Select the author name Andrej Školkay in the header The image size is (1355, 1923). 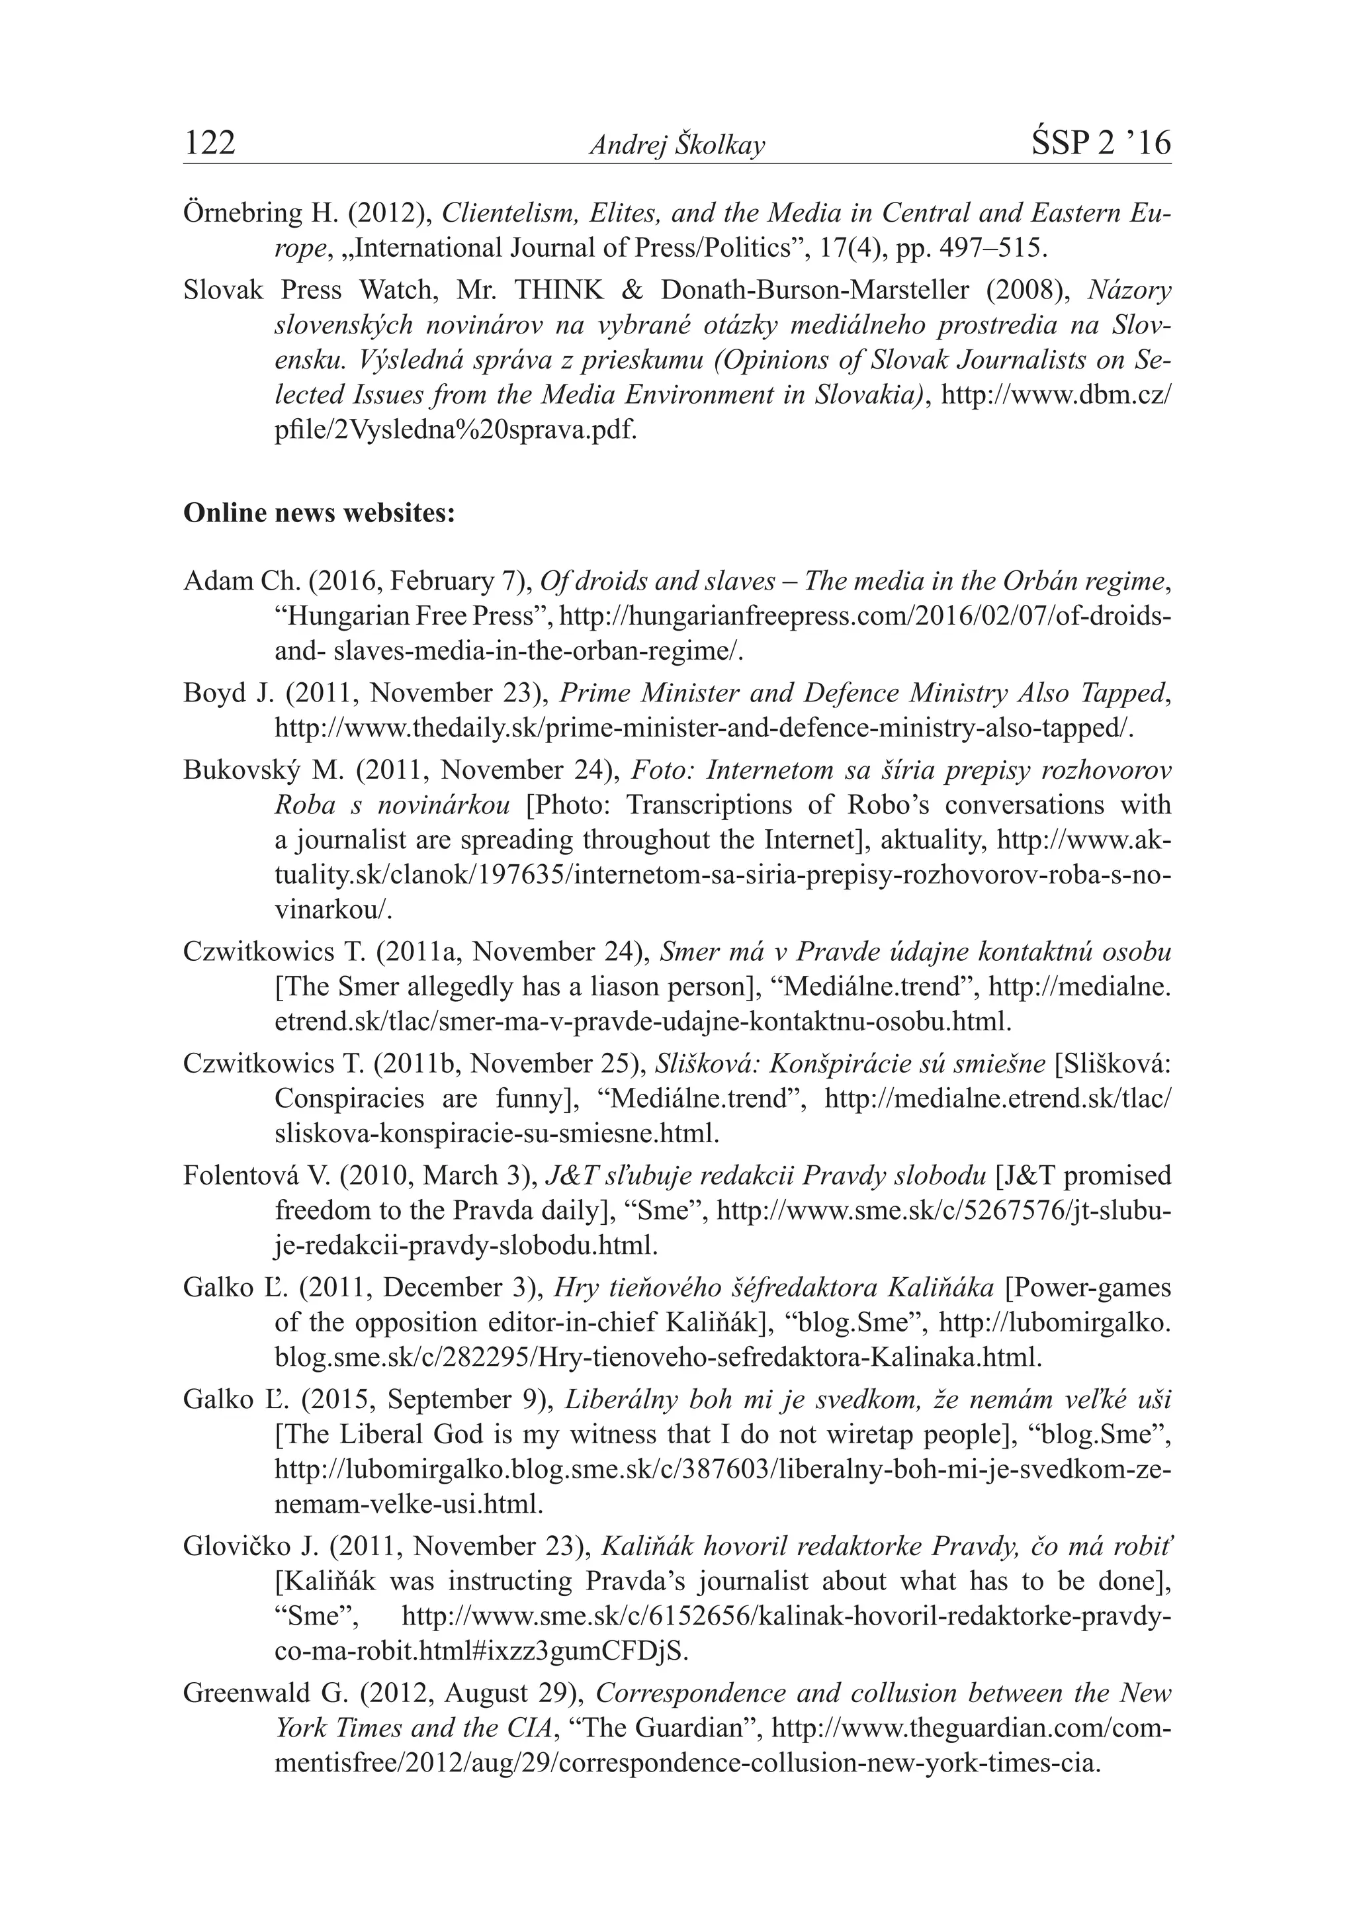(677, 146)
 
